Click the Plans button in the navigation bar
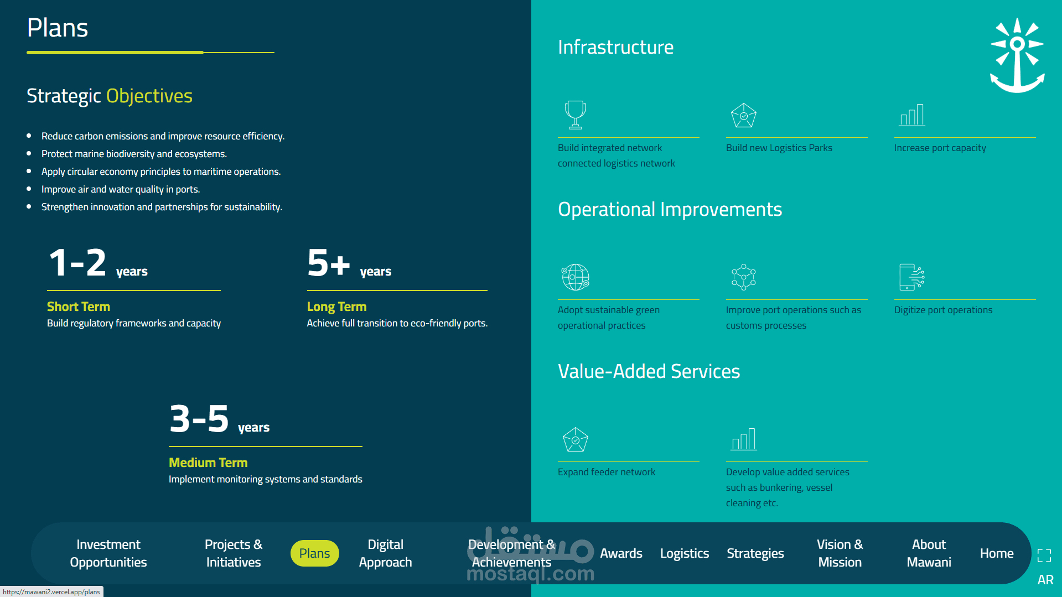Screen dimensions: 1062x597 314,553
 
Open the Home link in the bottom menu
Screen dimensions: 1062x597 997,553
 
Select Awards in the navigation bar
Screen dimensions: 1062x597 621,553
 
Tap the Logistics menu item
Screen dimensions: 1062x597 685,553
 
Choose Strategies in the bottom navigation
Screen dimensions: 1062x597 755,553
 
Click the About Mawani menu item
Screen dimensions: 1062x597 929,553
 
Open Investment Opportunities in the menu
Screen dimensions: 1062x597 108,553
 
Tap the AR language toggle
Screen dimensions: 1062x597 1045,580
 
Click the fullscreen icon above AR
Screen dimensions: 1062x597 1044,556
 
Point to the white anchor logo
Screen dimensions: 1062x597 1017,55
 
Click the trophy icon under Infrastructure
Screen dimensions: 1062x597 576,115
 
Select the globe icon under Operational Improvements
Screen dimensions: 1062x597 576,277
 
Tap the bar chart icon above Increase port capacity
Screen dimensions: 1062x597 912,115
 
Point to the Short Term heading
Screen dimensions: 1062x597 79,307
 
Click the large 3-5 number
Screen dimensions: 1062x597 199,418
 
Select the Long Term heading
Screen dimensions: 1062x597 336,307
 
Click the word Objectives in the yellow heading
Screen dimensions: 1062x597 149,96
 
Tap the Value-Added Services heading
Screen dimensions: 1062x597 649,371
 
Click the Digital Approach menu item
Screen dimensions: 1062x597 385,553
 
